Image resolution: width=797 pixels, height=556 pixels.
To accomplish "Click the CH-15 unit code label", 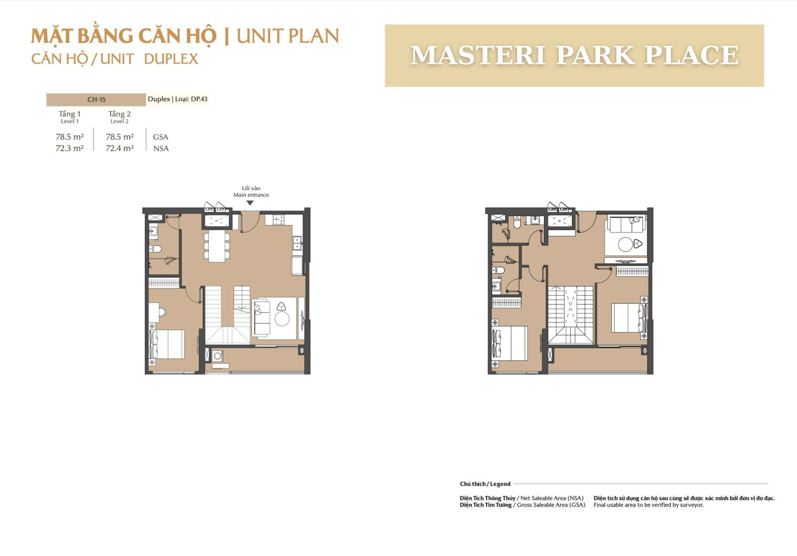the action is click(97, 100).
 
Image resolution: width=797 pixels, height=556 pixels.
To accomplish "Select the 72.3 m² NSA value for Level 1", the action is click(70, 148).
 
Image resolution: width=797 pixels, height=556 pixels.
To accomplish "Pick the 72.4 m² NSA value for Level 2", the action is click(120, 148).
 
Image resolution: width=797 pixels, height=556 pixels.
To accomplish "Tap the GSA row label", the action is click(160, 137).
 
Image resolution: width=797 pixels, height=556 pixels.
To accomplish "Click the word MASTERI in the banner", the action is click(478, 55).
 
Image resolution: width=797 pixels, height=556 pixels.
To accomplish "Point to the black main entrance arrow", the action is click(250, 203).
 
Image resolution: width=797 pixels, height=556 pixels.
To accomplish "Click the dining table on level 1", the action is click(217, 246).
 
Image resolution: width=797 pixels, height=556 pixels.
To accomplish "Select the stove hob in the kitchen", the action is click(278, 220).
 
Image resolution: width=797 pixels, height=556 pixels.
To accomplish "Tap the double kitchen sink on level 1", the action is click(297, 243).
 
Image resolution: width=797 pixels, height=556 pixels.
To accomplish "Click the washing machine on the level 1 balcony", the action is click(218, 356).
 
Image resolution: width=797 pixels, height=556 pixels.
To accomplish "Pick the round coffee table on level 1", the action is click(282, 319).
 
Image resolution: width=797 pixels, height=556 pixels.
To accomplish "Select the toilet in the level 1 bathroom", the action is click(155, 248).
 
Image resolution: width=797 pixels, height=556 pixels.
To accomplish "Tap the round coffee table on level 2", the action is click(626, 244).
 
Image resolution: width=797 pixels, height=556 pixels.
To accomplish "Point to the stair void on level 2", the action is click(570, 305).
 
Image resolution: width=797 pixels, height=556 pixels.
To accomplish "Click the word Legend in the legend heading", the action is click(500, 484).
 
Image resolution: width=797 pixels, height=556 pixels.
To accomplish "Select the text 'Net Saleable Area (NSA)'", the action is click(552, 498).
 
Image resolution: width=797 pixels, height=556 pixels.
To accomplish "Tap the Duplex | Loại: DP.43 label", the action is click(177, 99).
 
